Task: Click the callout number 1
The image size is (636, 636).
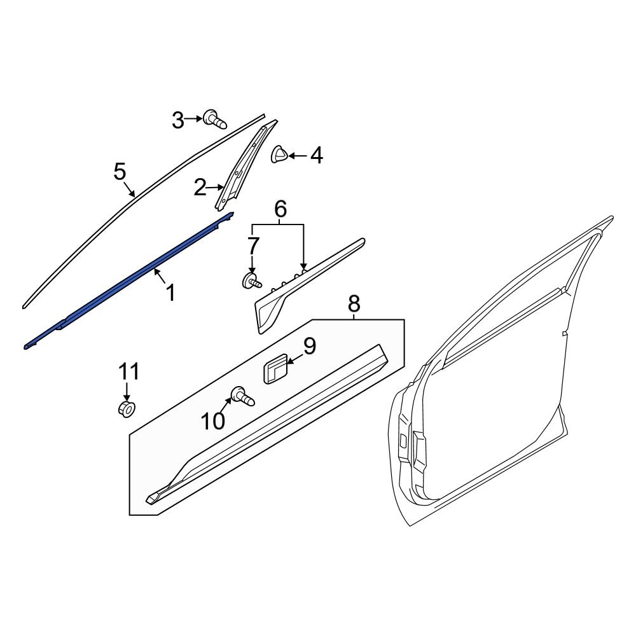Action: pyautogui.click(x=170, y=293)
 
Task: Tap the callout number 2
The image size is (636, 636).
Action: pyautogui.click(x=200, y=188)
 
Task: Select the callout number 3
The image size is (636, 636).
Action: pyautogui.click(x=178, y=120)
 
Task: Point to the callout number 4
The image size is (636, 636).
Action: pyautogui.click(x=315, y=155)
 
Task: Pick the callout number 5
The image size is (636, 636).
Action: pyautogui.click(x=120, y=172)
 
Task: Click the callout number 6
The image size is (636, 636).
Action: pyautogui.click(x=280, y=209)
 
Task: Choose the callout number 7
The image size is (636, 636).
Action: pyautogui.click(x=252, y=244)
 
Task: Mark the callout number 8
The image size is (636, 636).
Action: pyautogui.click(x=354, y=304)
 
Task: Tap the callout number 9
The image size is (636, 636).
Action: pyautogui.click(x=309, y=347)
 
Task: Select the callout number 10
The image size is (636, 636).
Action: pyautogui.click(x=213, y=420)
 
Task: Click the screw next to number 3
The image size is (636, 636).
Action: pyautogui.click(x=215, y=119)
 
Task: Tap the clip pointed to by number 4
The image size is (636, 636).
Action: pyautogui.click(x=279, y=155)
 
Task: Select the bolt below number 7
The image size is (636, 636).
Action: pyautogui.click(x=252, y=280)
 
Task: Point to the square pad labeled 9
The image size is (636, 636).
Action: pyautogui.click(x=275, y=370)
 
